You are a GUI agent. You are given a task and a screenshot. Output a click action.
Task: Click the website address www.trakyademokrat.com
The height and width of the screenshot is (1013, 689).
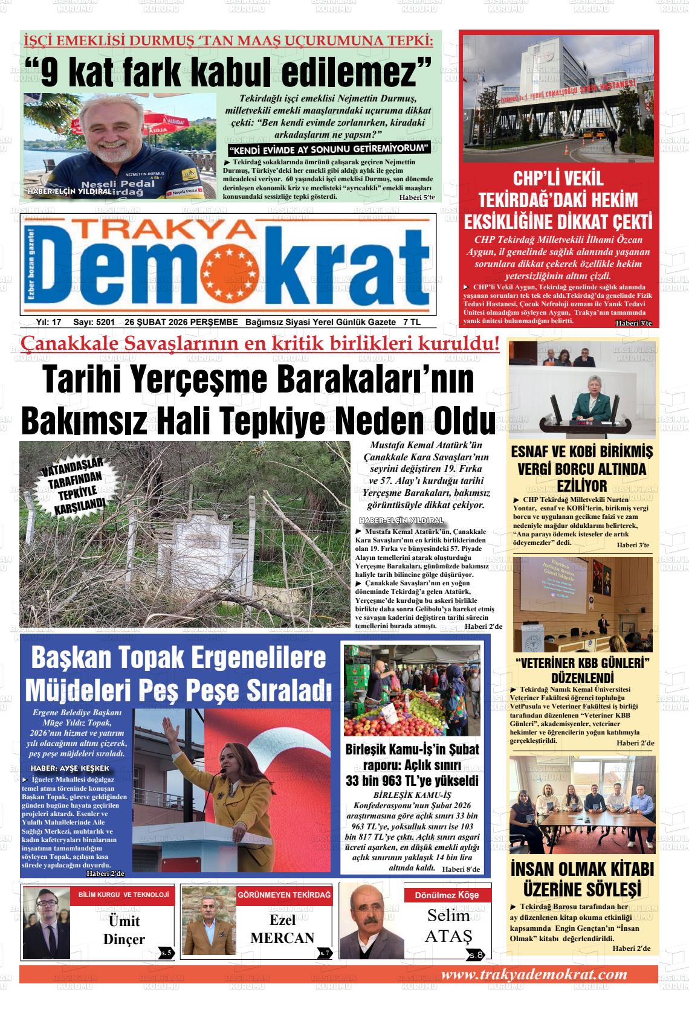[x=534, y=974]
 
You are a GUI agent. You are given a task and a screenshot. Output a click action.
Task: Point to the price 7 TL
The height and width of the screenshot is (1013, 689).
[x=412, y=323]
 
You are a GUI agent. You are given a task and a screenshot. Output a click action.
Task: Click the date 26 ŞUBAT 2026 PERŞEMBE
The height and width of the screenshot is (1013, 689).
[x=181, y=323]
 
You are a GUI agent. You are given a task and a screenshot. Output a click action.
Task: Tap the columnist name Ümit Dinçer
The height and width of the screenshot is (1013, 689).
[x=124, y=930]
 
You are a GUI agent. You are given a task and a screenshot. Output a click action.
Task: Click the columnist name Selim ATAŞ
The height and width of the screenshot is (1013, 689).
[x=448, y=925]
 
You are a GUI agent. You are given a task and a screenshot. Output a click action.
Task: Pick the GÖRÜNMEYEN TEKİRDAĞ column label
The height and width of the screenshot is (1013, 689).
[x=285, y=894]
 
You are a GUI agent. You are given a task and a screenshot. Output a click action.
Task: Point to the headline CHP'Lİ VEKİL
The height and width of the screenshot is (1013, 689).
[x=558, y=179]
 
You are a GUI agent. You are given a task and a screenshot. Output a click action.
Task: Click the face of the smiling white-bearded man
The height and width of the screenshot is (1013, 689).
[x=116, y=129]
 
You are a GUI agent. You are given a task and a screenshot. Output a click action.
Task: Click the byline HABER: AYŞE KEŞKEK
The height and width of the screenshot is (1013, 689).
[x=70, y=768]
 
